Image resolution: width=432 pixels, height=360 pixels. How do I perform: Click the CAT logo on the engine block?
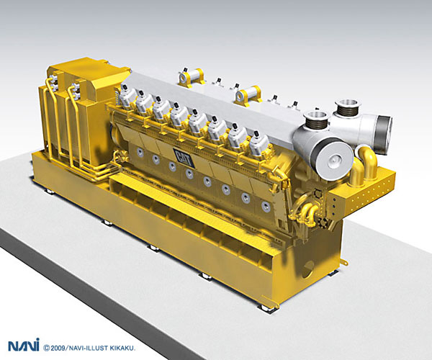pyautogui.click(x=184, y=158)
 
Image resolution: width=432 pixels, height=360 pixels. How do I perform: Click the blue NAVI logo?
pyautogui.click(x=24, y=345)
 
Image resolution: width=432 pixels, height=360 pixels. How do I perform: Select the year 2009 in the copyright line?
pyautogui.click(x=58, y=348)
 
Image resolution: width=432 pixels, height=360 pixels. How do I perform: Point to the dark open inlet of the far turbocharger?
pyautogui.click(x=384, y=135)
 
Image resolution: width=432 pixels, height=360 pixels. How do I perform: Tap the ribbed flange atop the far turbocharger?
pyautogui.click(x=348, y=107)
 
